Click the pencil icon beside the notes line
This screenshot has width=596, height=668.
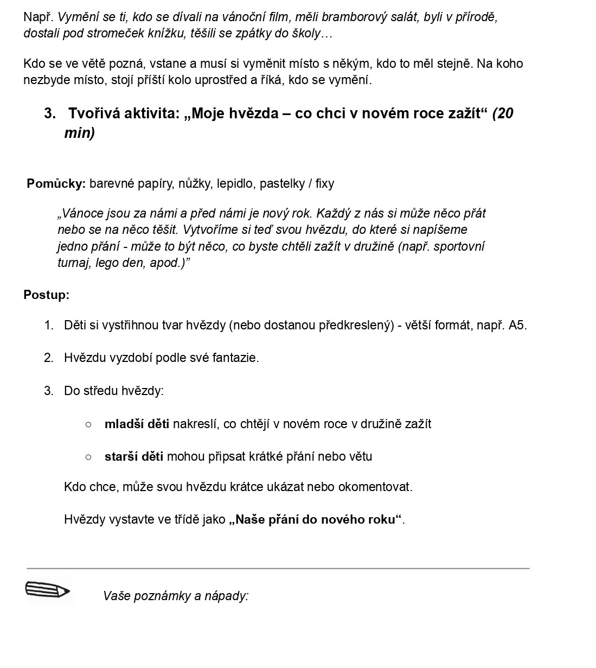(x=48, y=589)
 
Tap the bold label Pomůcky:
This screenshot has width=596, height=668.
(x=56, y=183)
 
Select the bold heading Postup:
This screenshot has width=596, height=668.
(x=46, y=295)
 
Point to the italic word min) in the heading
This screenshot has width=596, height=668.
(x=80, y=133)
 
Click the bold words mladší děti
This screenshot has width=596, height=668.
(x=137, y=424)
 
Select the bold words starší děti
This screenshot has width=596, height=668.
(x=133, y=456)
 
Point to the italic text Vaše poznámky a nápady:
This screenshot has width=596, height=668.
(x=176, y=596)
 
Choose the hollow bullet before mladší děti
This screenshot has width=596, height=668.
(x=88, y=424)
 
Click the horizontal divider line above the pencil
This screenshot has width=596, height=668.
(x=278, y=568)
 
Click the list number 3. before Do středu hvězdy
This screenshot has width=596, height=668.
(x=49, y=391)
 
